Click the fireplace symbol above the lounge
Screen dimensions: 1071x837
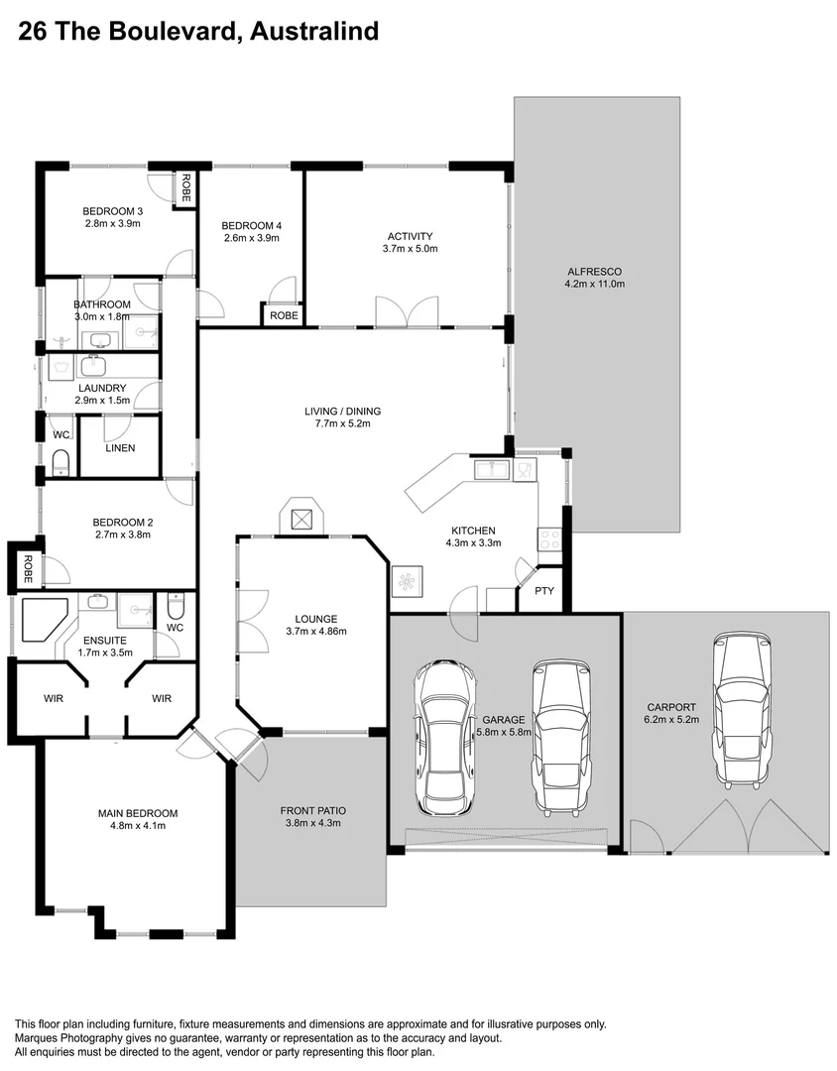tap(301, 517)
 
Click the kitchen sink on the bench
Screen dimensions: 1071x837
tap(490, 468)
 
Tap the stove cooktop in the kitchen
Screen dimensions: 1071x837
tap(549, 540)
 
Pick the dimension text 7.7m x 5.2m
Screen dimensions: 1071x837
tap(342, 423)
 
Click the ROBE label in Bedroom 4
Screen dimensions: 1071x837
tap(284, 315)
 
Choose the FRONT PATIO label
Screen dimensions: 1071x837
tap(313, 810)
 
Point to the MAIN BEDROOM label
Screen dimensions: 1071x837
tap(138, 813)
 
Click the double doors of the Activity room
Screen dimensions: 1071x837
tap(407, 311)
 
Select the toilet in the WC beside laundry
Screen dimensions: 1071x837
tap(60, 463)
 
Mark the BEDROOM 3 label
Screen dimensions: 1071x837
tap(112, 211)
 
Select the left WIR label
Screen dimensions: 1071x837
tap(54, 698)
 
